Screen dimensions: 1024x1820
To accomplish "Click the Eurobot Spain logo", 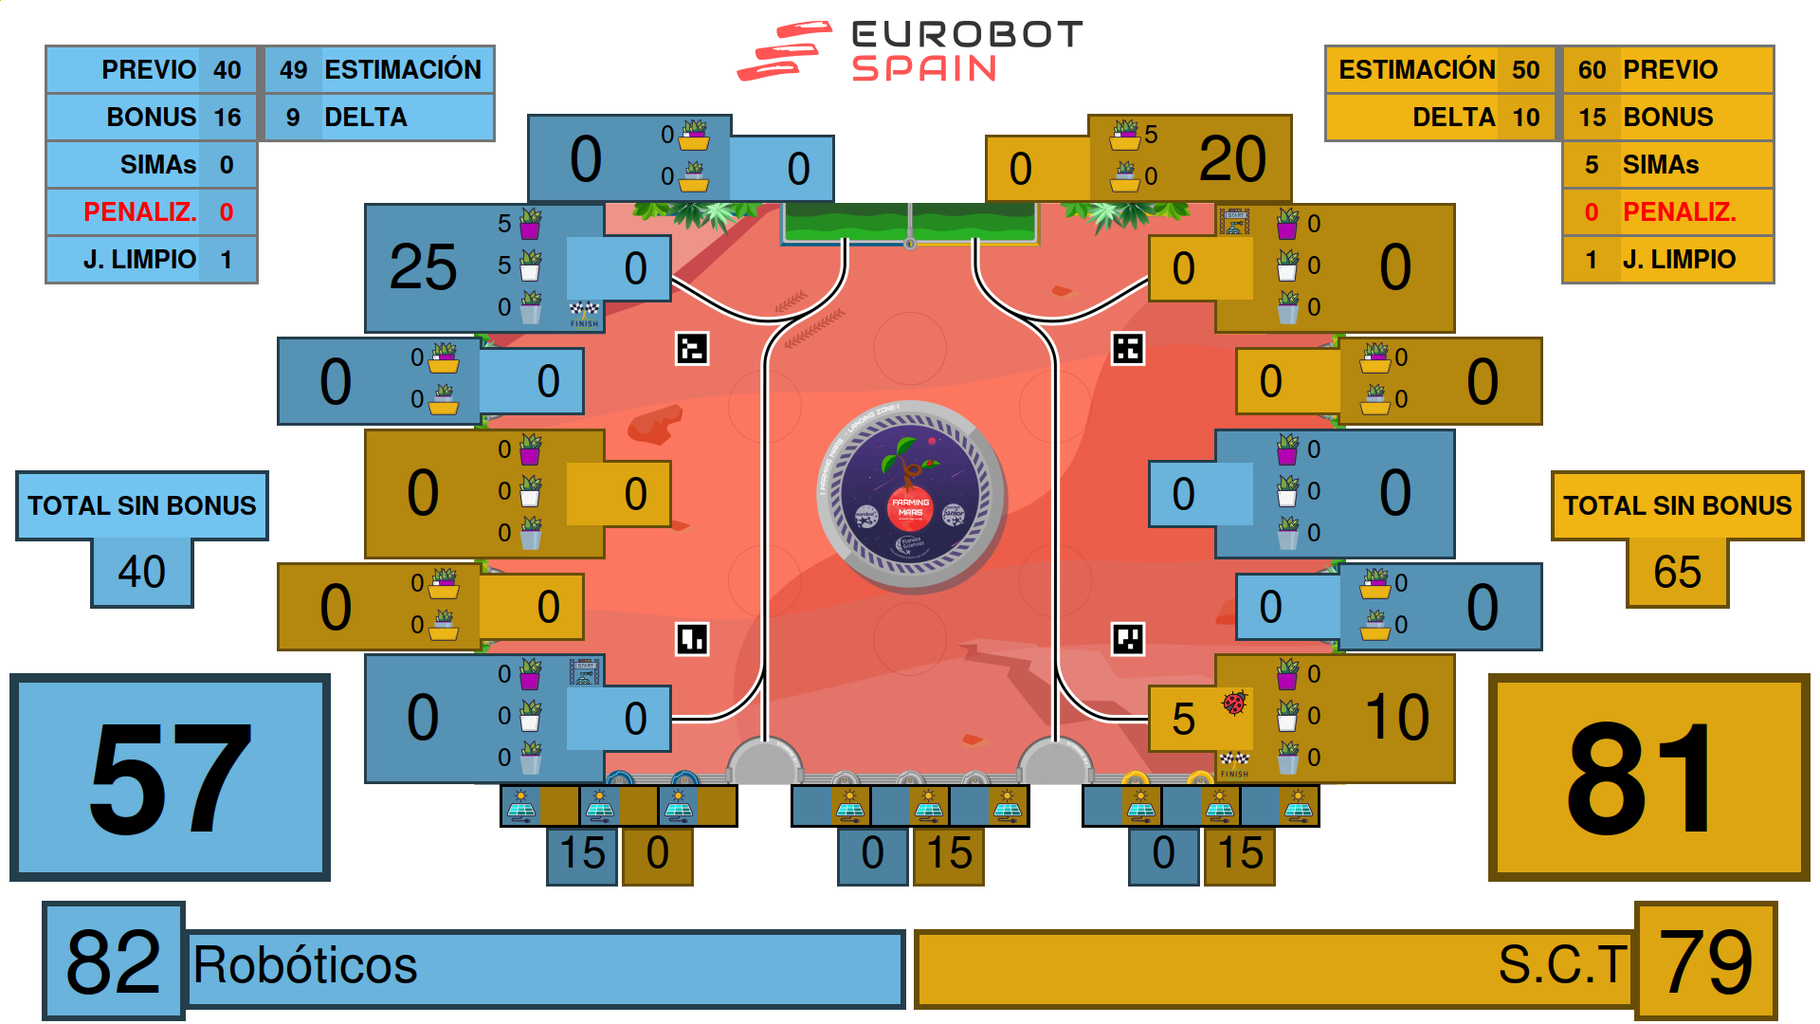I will tap(910, 51).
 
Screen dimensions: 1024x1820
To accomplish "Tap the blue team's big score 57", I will tap(171, 777).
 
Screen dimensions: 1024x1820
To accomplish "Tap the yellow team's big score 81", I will tap(1647, 777).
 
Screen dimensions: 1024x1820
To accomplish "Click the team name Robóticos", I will tap(305, 966).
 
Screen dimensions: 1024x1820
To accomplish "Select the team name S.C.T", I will tap(1562, 965).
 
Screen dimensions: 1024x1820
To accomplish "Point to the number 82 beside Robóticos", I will tap(113, 961).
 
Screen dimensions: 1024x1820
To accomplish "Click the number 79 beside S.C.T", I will tap(1706, 961).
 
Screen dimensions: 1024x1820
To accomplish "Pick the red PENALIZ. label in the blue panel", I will tap(139, 212).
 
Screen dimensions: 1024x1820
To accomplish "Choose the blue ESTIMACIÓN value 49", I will tap(293, 70).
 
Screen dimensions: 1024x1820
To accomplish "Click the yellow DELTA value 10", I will tap(1526, 118).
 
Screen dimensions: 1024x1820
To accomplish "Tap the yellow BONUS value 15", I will tap(1592, 118).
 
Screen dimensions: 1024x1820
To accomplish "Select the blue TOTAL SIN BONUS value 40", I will tap(142, 572).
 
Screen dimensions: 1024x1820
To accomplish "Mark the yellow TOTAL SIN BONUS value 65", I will tap(1677, 572).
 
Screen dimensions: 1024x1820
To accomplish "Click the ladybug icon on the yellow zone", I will tap(1233, 703).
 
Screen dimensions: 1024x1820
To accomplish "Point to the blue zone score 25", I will tap(423, 267).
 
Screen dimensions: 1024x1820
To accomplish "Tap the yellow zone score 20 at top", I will tap(1232, 158).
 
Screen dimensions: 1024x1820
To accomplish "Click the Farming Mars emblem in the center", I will tap(910, 494).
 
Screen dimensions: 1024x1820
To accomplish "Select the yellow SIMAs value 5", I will tap(1592, 165).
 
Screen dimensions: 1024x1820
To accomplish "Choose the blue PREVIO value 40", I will tap(227, 70).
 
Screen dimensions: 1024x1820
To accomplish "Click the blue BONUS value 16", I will tap(227, 118).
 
